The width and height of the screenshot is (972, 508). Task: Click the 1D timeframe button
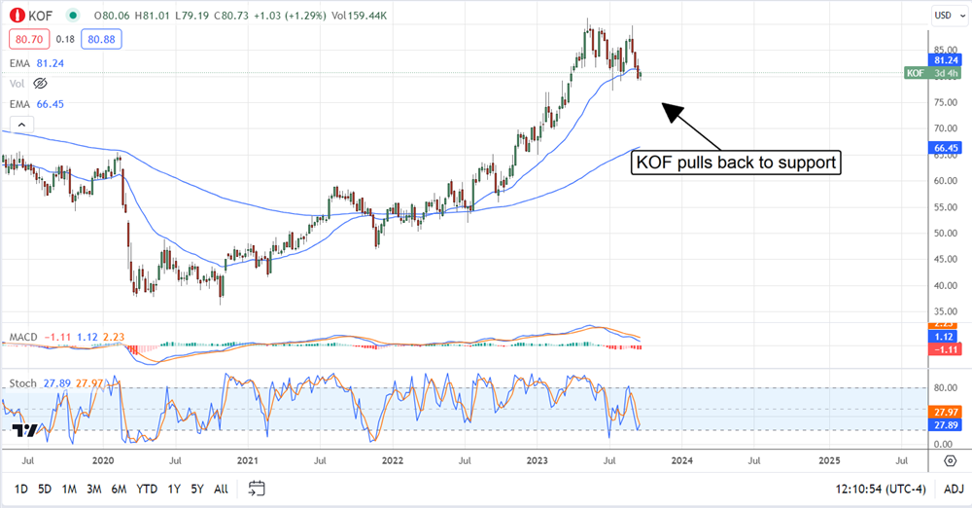[19, 488]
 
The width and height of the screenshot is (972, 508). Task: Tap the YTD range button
[147, 488]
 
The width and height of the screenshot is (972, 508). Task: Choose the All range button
[221, 488]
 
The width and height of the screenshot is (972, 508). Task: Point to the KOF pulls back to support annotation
[736, 162]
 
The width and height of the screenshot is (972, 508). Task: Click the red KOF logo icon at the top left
[17, 15]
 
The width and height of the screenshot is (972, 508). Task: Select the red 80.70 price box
[29, 40]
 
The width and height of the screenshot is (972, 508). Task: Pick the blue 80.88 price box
[103, 40]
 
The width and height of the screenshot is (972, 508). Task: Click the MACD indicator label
[23, 337]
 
